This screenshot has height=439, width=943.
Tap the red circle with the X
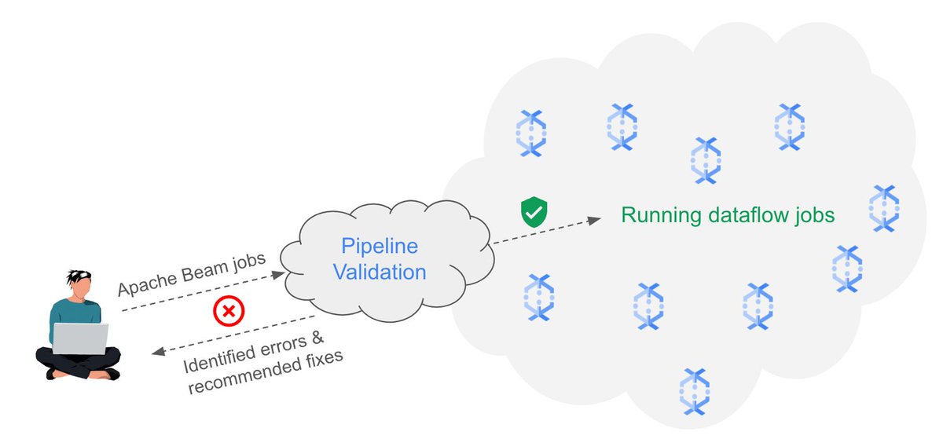[x=229, y=312]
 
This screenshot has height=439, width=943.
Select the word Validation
[x=380, y=273]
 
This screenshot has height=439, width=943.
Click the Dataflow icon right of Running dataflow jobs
[x=884, y=207]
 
